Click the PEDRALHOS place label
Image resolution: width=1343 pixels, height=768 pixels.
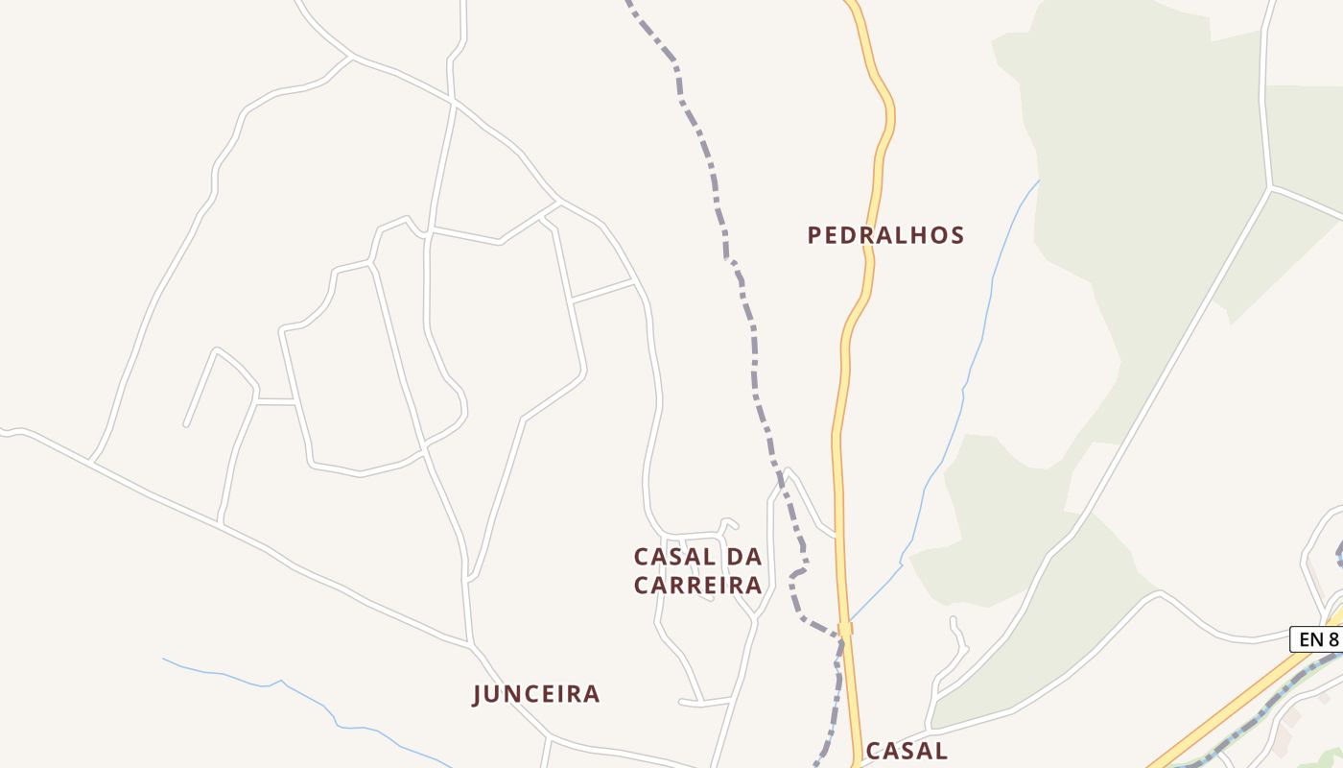[885, 235]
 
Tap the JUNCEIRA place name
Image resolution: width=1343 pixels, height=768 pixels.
[536, 694]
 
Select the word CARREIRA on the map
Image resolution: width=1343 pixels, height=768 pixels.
[697, 585]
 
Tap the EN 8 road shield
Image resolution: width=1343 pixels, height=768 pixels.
[1318, 639]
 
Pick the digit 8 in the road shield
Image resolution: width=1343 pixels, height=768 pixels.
[1332, 639]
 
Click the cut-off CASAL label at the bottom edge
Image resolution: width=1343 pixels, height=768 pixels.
[906, 751]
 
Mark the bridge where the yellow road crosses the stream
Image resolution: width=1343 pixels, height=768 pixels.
[845, 630]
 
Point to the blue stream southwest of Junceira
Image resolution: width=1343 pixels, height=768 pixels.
[288, 684]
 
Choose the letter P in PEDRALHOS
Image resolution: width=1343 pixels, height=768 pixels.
[814, 235]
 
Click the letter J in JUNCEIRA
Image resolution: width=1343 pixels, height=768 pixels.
[477, 695]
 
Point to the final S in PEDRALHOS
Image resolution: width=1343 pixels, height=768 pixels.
[956, 235]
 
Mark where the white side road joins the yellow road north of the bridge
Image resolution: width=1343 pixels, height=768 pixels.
[836, 536]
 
